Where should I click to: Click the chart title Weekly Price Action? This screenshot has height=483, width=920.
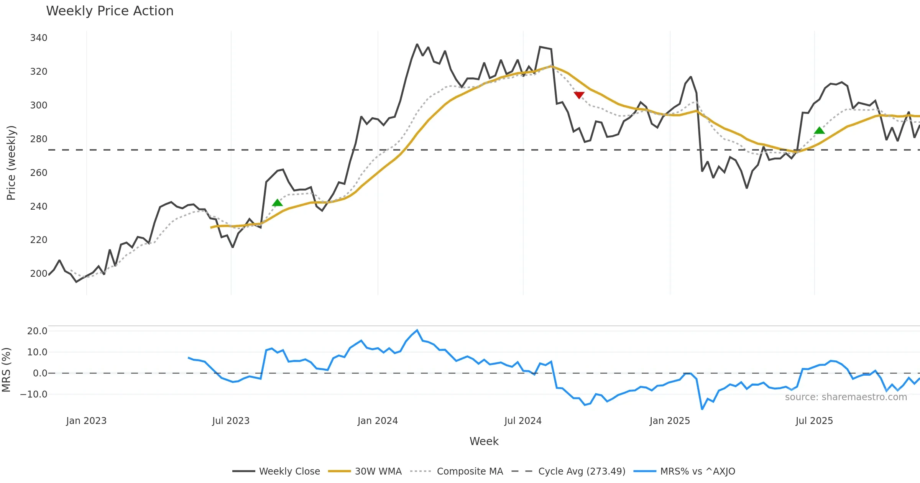110,11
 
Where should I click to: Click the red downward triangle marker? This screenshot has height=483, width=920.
579,95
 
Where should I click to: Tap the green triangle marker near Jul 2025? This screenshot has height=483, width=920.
819,131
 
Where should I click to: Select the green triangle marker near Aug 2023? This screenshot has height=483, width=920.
277,203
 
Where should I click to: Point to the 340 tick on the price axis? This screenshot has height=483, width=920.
39,38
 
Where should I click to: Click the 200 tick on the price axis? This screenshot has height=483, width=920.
39,274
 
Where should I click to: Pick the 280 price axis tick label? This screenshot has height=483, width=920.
39,139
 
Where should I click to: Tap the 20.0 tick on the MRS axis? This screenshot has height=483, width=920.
37,331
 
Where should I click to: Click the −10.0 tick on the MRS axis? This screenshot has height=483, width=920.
34,394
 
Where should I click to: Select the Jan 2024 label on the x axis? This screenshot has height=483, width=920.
378,421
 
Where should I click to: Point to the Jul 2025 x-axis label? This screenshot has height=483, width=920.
814,421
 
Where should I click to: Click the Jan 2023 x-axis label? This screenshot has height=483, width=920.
86,421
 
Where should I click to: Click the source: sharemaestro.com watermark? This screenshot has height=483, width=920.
846,397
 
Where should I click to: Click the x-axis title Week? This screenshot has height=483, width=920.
484,442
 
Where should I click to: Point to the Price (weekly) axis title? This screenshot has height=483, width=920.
11,163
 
